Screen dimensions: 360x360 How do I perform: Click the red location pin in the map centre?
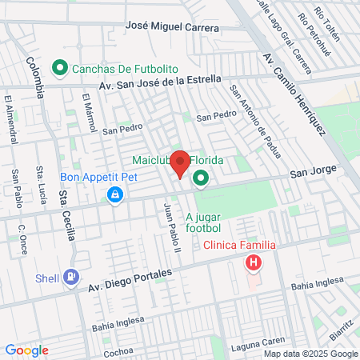tap(181, 162)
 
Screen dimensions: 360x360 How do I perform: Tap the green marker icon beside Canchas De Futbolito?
tap(58, 69)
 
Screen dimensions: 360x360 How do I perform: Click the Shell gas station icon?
tap(73, 276)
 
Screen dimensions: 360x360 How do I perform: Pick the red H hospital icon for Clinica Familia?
tap(254, 262)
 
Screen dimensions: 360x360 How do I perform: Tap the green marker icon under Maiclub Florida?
tap(200, 178)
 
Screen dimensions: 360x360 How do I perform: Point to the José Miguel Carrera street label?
tap(172, 26)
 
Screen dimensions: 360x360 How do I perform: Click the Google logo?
tap(27, 350)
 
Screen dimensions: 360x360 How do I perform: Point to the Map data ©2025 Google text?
tap(311, 354)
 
